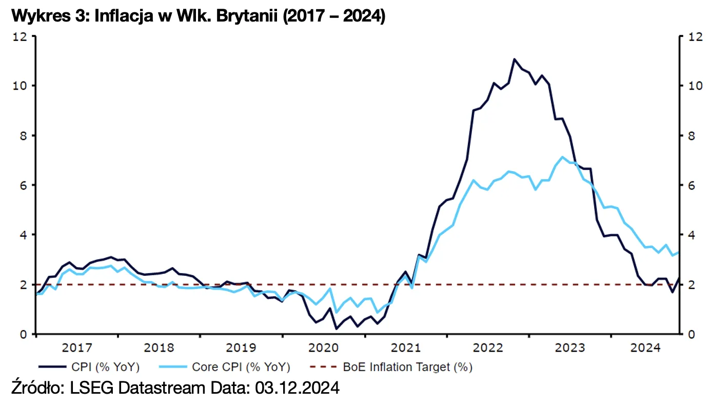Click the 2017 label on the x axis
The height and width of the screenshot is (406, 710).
77,348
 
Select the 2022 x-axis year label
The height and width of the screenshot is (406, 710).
488,348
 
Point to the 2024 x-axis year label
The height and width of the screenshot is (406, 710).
645,348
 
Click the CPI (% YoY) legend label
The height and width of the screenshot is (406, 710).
106,367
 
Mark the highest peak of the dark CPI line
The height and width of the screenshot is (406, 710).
514,59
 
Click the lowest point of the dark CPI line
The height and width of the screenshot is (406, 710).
337,329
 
